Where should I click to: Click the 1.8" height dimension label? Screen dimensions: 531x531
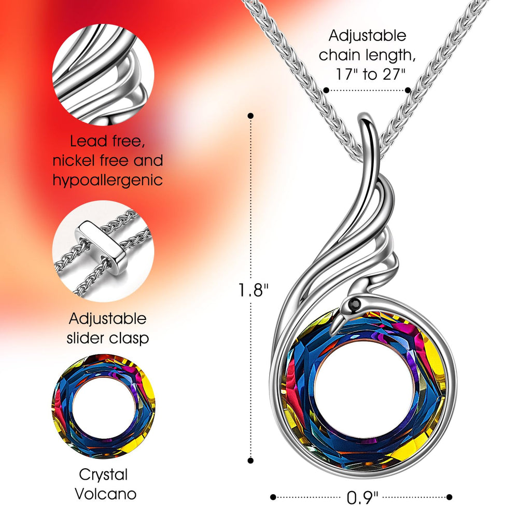tap(253, 290)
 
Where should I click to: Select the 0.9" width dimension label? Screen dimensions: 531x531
tap(362, 498)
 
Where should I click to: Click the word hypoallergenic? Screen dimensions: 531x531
tap(108, 180)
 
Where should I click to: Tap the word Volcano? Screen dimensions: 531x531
tap(106, 494)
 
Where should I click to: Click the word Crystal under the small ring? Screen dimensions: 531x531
tap(103, 475)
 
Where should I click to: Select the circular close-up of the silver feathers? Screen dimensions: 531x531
tap(103, 75)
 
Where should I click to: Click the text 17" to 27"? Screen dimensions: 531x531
tap(370, 74)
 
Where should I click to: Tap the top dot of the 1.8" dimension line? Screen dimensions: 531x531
tap(250, 116)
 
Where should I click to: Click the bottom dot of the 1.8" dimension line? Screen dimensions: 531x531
tap(250, 460)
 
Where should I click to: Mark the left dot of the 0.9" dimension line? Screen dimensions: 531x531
tap(273, 497)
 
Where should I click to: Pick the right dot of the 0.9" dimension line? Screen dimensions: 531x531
tap(449, 497)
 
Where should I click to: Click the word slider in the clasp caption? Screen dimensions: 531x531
tap(87, 338)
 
